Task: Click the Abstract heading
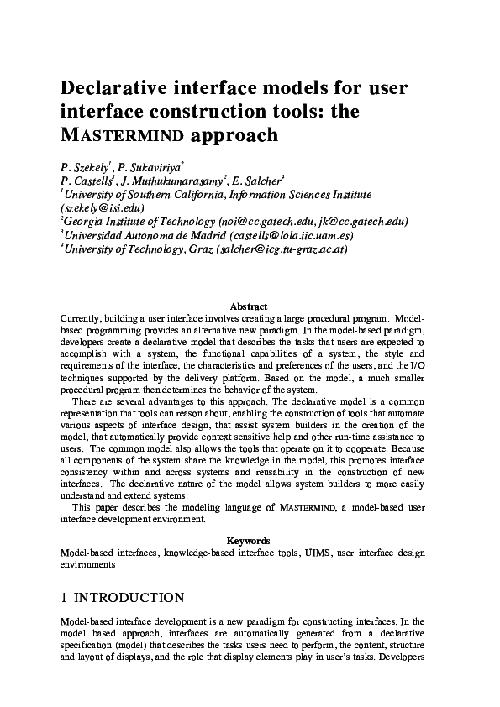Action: tap(249, 307)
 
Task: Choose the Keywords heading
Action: tap(249, 542)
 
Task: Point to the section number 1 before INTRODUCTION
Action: tap(65, 598)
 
